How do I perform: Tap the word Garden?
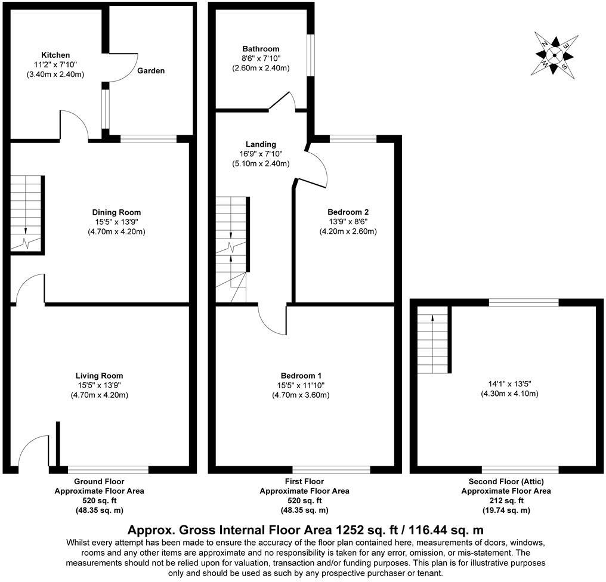coord(151,71)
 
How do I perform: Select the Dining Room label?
coord(116,212)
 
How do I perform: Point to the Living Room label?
coord(99,376)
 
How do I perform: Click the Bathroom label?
coord(261,49)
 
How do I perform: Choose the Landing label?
coord(261,144)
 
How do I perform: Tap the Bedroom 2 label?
coord(348,212)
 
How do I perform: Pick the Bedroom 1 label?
coord(301,376)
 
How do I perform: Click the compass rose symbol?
coord(554,55)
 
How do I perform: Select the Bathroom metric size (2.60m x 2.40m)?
coord(261,68)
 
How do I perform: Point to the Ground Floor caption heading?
coord(99,481)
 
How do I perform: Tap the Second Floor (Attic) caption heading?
coord(506,481)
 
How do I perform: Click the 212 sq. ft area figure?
coord(506,501)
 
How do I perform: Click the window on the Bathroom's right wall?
coord(310,55)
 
